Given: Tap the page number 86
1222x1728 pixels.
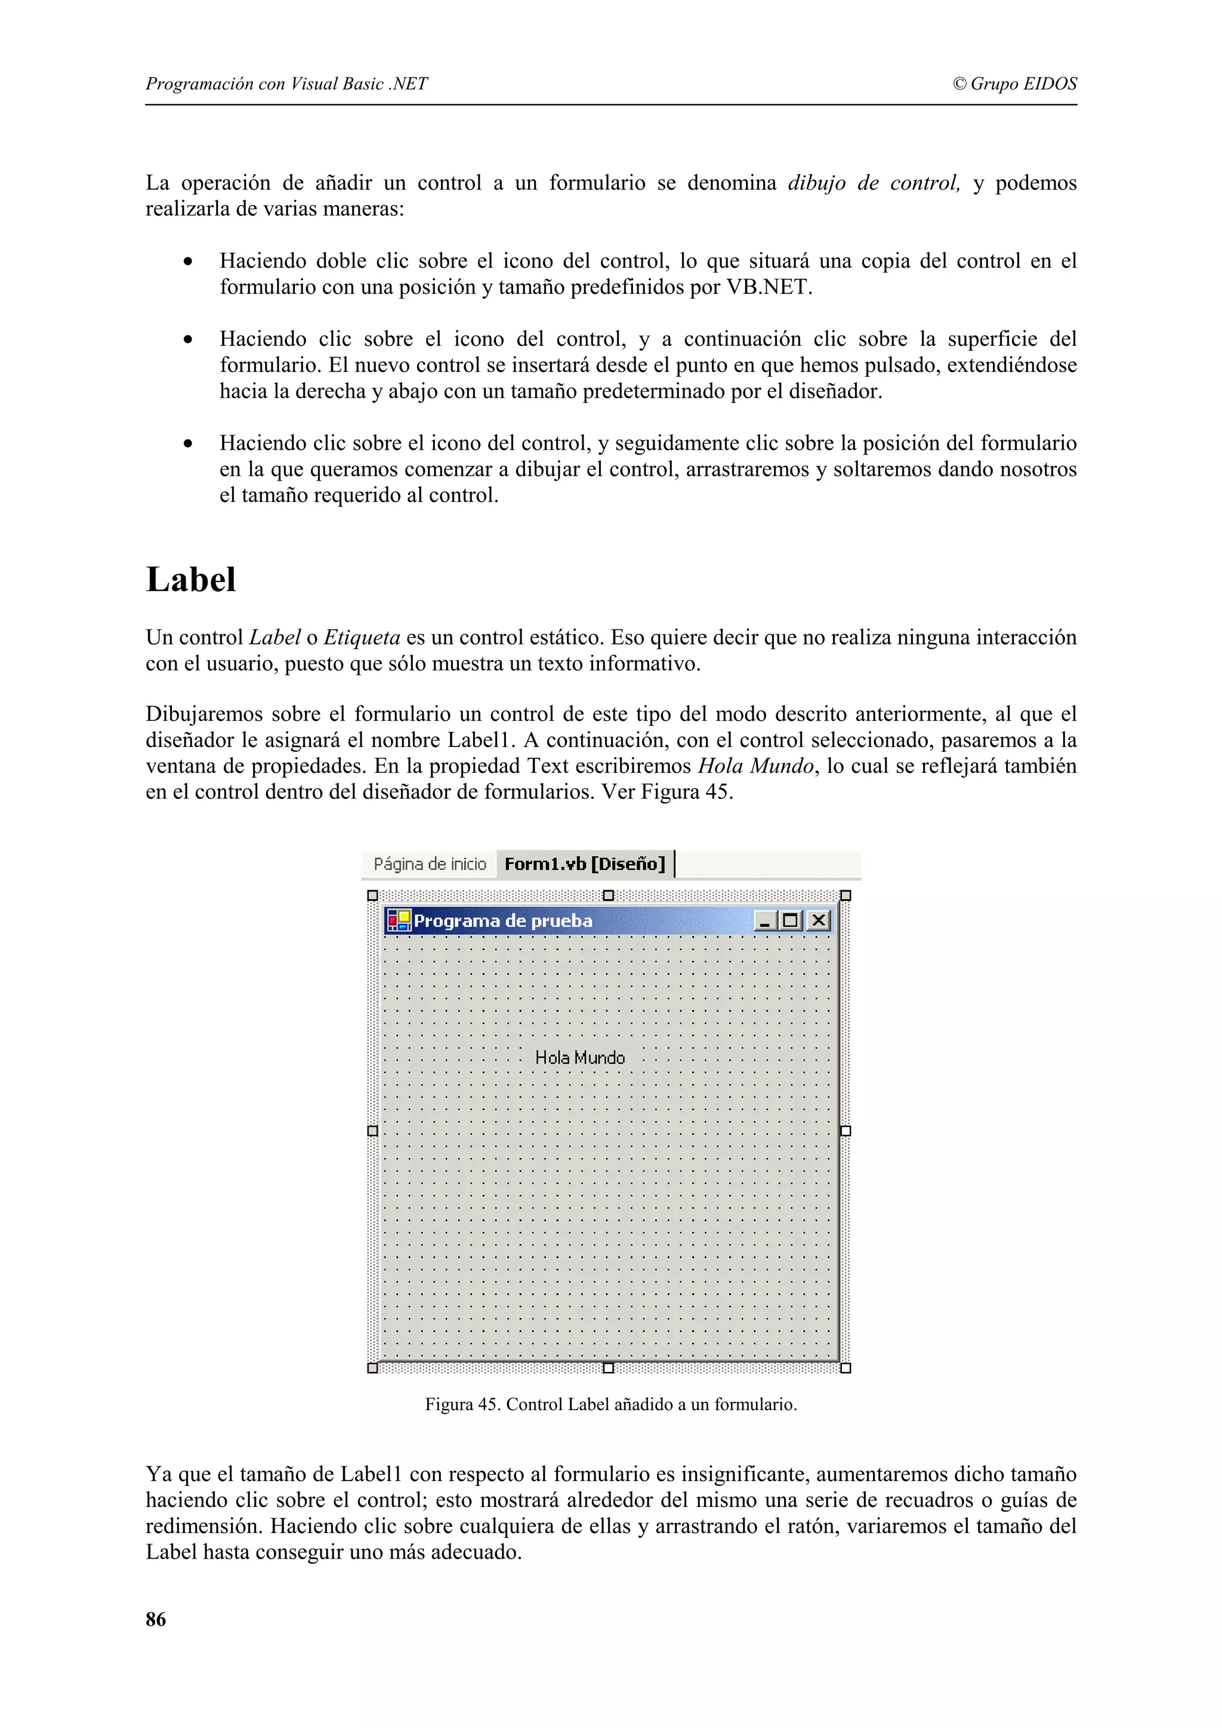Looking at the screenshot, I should pos(156,1619).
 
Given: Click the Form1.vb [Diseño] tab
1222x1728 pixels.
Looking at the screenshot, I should pos(584,864).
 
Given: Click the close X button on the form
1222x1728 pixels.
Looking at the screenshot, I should pos(819,921).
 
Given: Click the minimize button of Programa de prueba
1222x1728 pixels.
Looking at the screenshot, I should pos(766,921).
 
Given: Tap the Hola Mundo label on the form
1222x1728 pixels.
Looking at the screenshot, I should pos(580,1057).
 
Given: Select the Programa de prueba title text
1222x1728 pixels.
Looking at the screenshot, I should pos(503,921).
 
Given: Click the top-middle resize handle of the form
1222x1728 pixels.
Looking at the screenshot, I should pos(609,896).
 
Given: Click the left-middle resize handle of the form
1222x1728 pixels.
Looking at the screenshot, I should pos(372,1131).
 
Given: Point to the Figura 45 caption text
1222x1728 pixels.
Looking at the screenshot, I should pos(610,1404).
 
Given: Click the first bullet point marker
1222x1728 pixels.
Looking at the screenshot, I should pos(187,262).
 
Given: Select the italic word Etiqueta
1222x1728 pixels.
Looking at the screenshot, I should pos(362,637).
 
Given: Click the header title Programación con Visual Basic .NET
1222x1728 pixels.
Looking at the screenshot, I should pos(286,83).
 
